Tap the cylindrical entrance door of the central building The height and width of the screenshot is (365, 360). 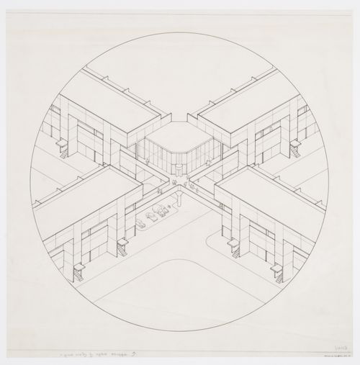(x=179, y=168)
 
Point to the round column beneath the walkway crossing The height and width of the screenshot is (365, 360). (x=177, y=195)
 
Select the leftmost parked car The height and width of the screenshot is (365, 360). (x=142, y=223)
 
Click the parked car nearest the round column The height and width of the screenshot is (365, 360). (x=165, y=209)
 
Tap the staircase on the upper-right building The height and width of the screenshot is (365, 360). (x=295, y=149)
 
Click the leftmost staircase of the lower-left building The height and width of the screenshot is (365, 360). (x=77, y=272)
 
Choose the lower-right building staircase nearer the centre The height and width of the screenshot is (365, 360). (x=234, y=247)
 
